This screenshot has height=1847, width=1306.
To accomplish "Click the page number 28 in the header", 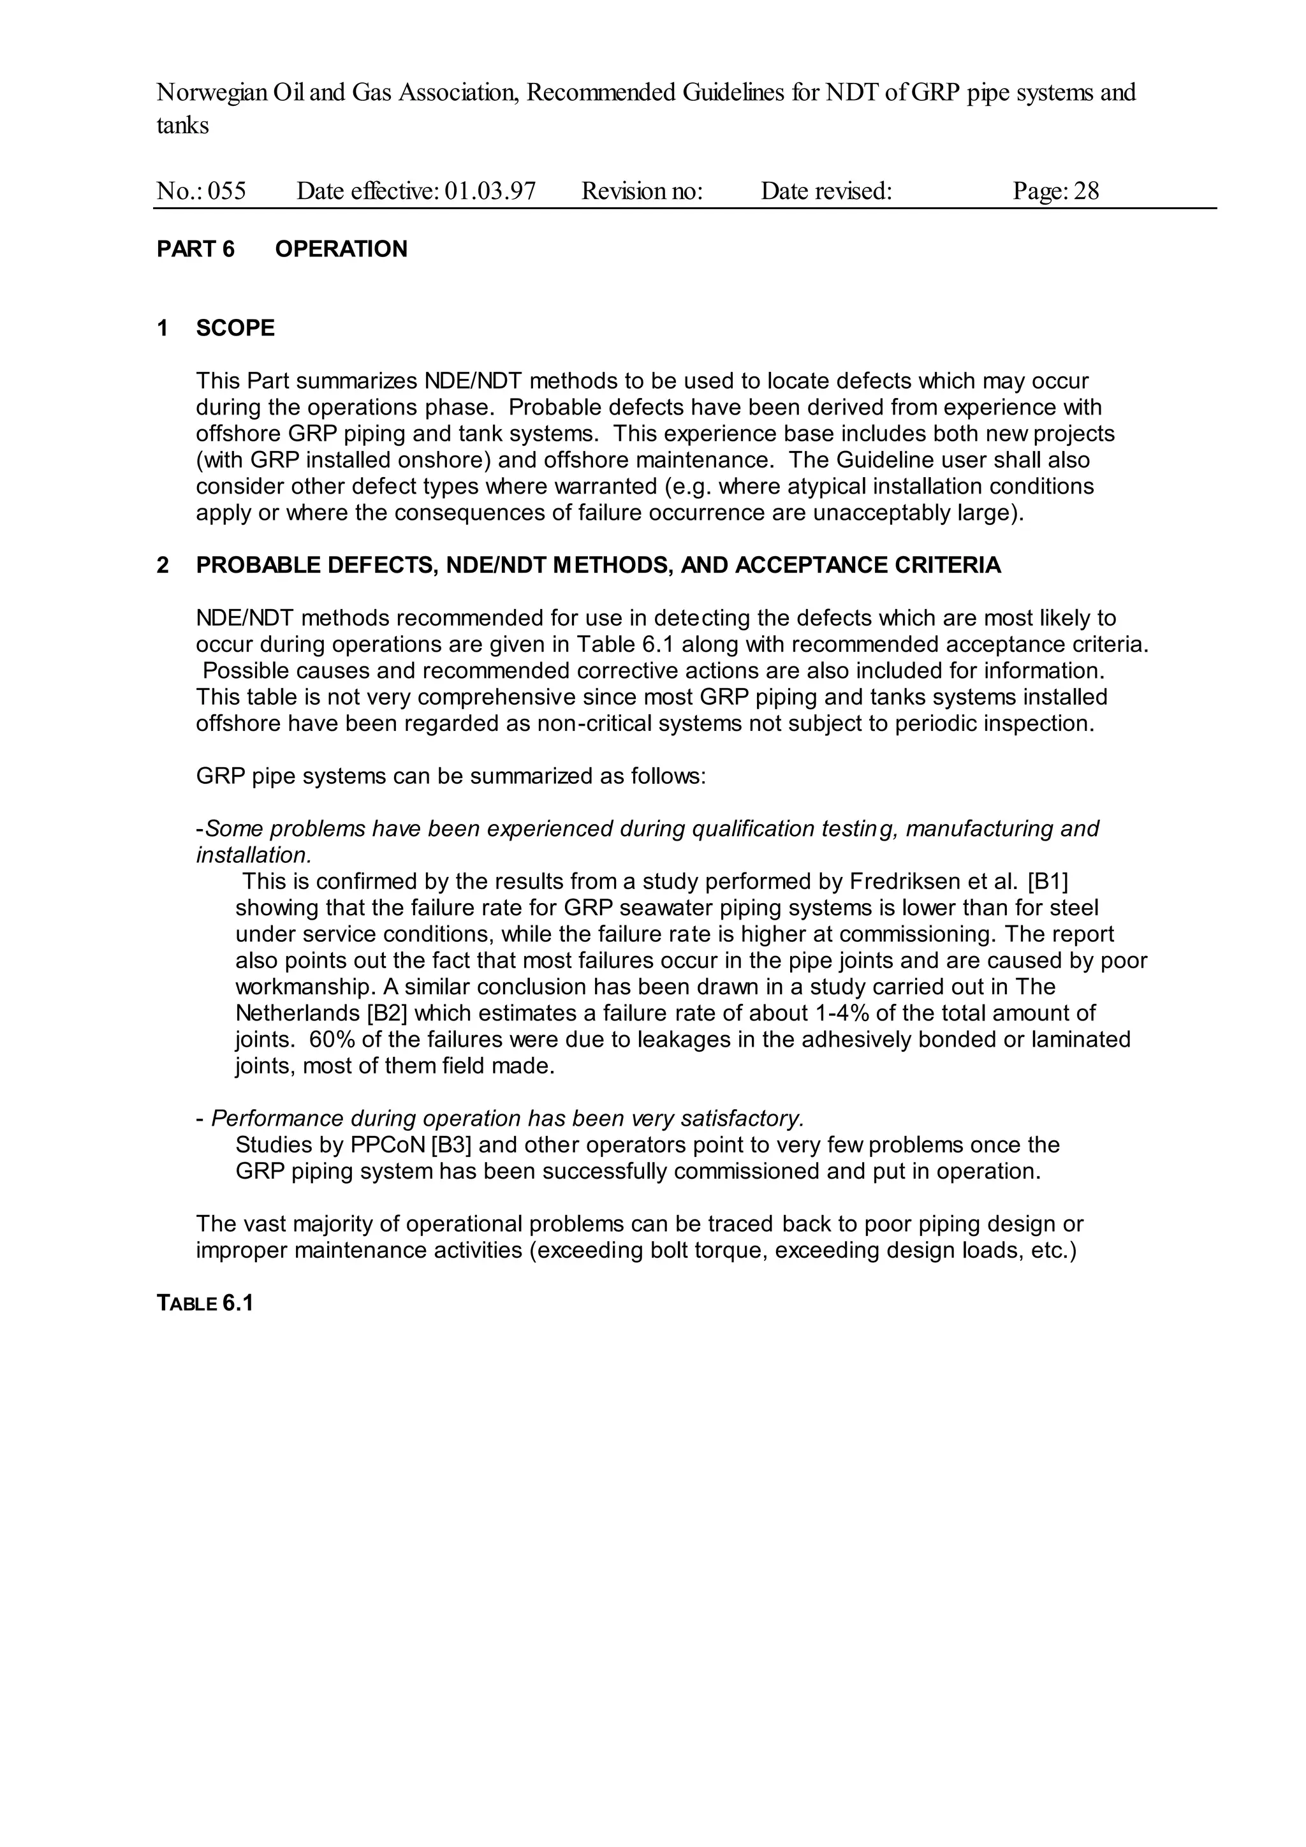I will click(1087, 191).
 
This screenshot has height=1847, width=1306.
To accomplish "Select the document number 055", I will click(227, 191).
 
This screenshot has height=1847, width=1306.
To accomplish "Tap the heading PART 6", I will click(195, 249).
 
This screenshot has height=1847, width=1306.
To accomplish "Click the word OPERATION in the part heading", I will click(341, 249).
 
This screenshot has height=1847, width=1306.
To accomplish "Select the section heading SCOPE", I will click(235, 328).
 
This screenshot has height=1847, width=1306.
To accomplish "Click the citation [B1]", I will click(1048, 881).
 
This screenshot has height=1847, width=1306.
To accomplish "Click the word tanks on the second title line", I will click(182, 126).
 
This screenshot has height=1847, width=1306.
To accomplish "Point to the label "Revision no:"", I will click(642, 191).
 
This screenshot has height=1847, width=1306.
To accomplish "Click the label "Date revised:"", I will click(826, 191).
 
